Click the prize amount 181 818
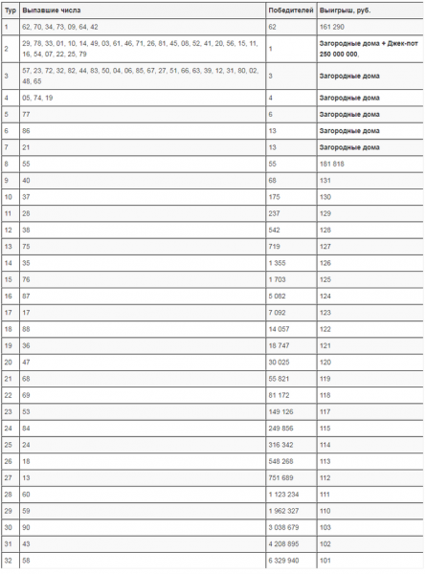point(333,164)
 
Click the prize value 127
point(325,245)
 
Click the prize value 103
point(325,526)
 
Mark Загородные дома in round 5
point(348,114)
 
